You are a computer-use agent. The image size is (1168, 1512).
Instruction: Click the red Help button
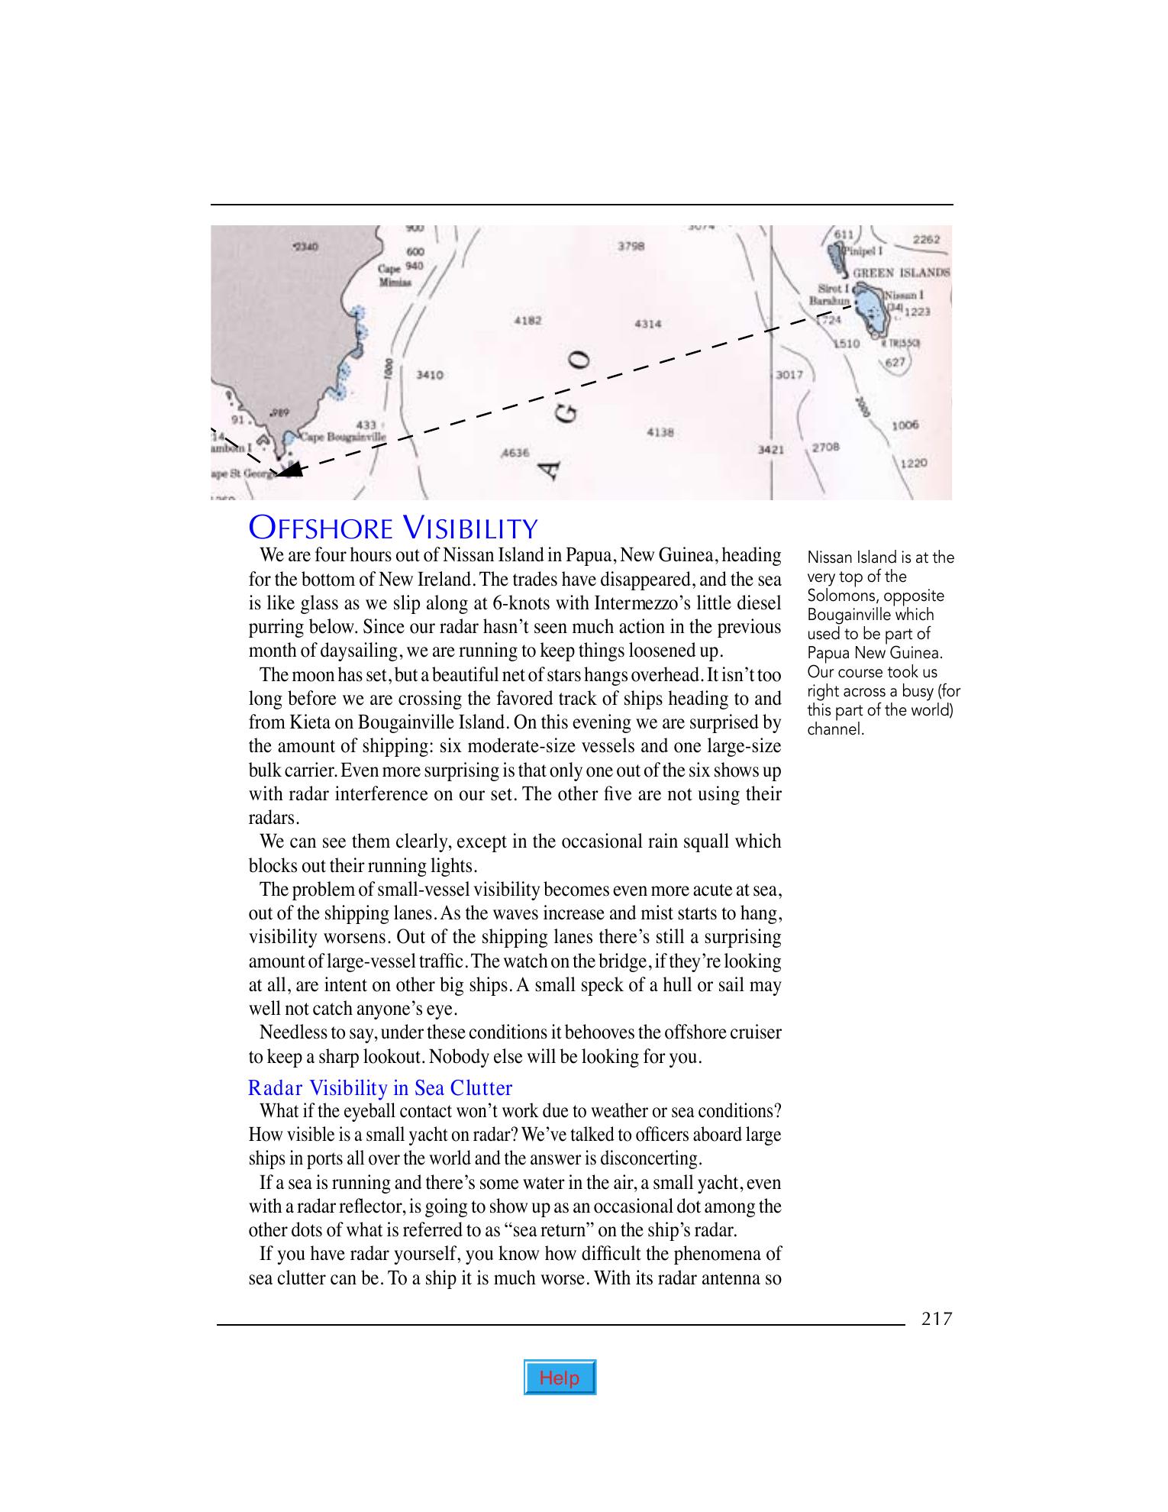click(560, 1378)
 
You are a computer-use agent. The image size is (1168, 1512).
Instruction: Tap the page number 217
click(937, 1319)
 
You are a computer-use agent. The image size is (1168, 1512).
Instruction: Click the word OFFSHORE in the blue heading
click(321, 528)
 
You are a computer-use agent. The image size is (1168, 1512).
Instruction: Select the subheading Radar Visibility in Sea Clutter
click(380, 1087)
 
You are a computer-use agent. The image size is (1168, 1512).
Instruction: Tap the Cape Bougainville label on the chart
click(343, 438)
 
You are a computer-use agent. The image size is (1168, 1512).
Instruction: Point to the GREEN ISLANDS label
click(901, 273)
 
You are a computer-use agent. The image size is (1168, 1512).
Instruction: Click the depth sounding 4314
click(647, 324)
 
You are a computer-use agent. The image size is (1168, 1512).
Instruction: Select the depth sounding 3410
click(429, 375)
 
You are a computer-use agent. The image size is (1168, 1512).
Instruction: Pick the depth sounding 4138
click(660, 432)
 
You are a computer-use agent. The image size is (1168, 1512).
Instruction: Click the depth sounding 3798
click(631, 246)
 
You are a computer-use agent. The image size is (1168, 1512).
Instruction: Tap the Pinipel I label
click(866, 250)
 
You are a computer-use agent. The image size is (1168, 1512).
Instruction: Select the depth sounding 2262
click(927, 239)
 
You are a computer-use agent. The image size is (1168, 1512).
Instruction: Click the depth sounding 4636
click(515, 452)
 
